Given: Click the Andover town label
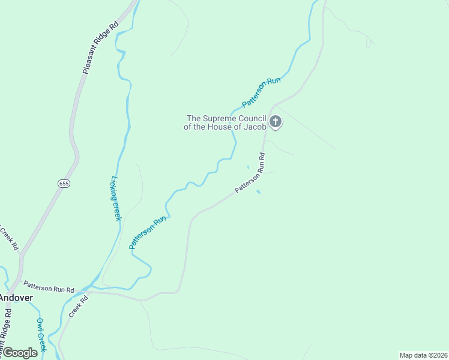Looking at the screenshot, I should pyautogui.click(x=16, y=298).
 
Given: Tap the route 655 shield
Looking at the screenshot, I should pyautogui.click(x=64, y=183).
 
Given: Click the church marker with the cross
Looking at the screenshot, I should pyautogui.click(x=276, y=122).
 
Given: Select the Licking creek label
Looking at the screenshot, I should pyautogui.click(x=116, y=198).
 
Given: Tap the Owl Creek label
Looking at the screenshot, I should pyautogui.click(x=40, y=334).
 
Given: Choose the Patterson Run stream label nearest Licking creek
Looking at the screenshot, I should pyautogui.click(x=147, y=233).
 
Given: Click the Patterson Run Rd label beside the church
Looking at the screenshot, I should pyautogui.click(x=250, y=173).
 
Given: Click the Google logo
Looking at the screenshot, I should pyautogui.click(x=20, y=353).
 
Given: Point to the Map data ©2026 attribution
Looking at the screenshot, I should pyautogui.click(x=424, y=355).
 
